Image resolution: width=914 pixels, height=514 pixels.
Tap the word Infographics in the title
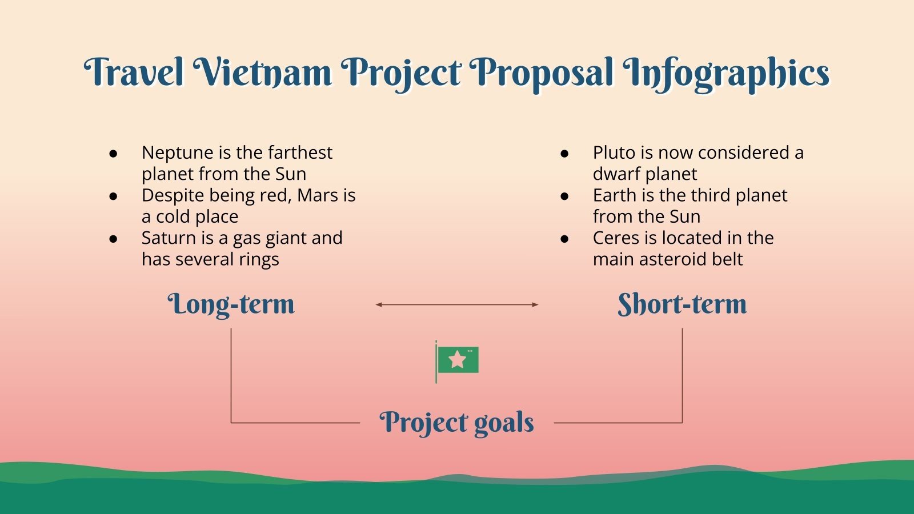click(x=726, y=74)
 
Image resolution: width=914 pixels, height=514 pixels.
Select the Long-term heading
click(x=231, y=304)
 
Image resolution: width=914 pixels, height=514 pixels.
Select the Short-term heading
click(x=682, y=304)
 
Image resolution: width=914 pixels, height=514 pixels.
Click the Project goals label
click(x=456, y=423)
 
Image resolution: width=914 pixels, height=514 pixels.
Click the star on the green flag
click(x=458, y=360)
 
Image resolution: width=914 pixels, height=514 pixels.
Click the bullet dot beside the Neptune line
click(x=114, y=153)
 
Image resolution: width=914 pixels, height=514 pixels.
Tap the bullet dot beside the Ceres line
click(x=565, y=239)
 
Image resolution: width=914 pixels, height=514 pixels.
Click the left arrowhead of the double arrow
click(x=378, y=304)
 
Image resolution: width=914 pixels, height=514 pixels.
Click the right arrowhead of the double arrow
click(x=535, y=304)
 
